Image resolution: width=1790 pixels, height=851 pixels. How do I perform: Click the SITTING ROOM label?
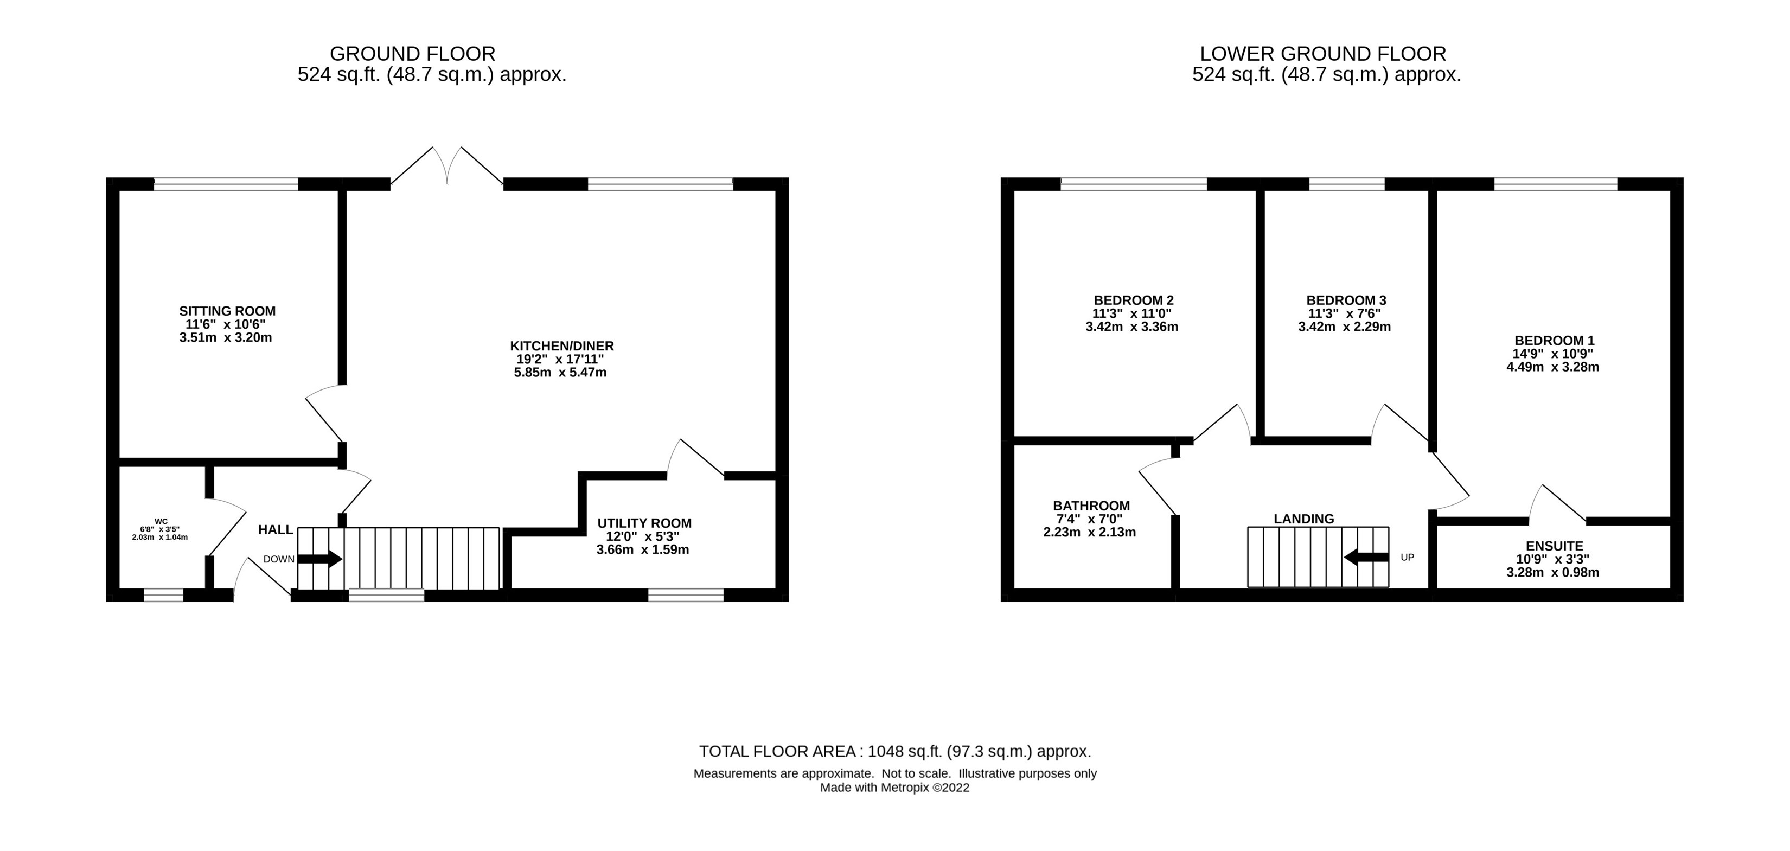227,311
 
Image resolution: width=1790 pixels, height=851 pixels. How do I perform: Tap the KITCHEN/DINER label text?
561,346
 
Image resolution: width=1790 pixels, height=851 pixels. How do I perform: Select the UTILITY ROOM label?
644,523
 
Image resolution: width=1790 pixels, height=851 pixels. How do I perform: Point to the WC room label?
161,521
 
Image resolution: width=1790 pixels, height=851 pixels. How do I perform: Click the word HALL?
275,530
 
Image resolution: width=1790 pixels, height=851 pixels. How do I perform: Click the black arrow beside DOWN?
319,559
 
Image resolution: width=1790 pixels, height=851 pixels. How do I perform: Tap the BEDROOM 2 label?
1133,300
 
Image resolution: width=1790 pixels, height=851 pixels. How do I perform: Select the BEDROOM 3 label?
1346,300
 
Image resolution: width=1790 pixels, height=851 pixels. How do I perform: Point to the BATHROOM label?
1091,506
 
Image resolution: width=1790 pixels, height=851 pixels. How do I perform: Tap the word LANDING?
1303,519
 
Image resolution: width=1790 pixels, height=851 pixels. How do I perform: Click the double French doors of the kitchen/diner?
448,167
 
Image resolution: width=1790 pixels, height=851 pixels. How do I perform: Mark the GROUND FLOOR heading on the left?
412,54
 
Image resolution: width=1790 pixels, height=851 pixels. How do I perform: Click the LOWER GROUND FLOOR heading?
1322,54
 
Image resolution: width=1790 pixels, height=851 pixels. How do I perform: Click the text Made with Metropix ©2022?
894,788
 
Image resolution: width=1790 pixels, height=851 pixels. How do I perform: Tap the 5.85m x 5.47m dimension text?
560,373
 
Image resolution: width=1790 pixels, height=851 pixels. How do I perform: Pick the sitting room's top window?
226,184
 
